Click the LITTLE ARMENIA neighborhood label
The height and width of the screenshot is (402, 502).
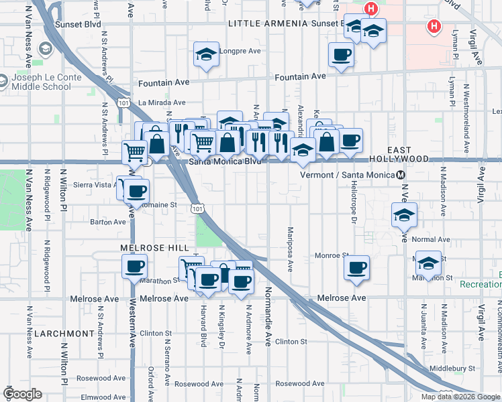pos(268,23)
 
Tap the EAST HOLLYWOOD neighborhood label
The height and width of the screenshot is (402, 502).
pos(399,153)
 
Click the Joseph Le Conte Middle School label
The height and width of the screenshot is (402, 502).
pos(46,82)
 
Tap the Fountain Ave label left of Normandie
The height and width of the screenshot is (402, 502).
pos(164,84)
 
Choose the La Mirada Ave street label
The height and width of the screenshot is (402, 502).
pos(160,103)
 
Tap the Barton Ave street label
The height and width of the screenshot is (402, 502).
pos(108,222)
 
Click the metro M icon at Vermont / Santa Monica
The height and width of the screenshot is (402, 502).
pos(401,175)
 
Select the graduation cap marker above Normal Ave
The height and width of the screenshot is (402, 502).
pos(404,215)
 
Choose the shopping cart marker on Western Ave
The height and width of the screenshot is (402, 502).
pos(135,152)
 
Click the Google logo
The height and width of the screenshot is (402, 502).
pos(23,394)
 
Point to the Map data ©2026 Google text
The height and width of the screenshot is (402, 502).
pos(460,397)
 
